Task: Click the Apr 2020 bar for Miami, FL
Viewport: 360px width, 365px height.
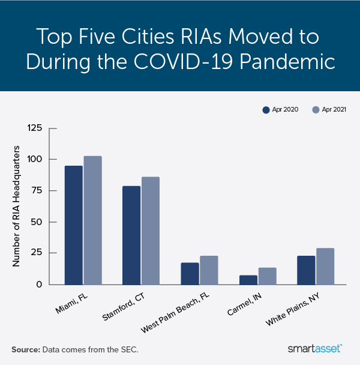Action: pos(74,225)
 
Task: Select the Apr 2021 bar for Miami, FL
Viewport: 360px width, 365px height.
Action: pos(93,220)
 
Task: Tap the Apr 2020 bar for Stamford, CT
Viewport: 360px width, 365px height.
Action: pos(131,235)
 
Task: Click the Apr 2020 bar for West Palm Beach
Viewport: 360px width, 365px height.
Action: pos(190,274)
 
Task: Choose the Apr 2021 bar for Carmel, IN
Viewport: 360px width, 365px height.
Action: pos(267,276)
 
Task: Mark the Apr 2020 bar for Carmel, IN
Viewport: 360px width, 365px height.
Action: pos(248,280)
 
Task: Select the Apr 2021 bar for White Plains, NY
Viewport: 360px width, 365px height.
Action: pos(325,267)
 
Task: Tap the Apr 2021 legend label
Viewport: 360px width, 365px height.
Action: pos(334,110)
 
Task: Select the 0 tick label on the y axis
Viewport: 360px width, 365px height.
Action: pos(38,285)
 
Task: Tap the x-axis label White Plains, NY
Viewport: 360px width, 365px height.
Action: pos(311,307)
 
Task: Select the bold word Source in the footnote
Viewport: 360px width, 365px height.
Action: pos(25,349)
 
